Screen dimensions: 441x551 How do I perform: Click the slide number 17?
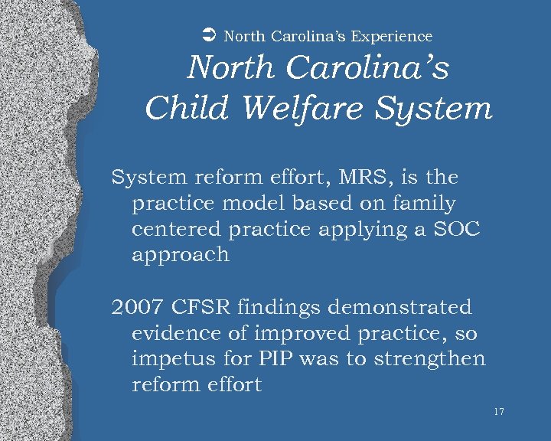499,412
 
